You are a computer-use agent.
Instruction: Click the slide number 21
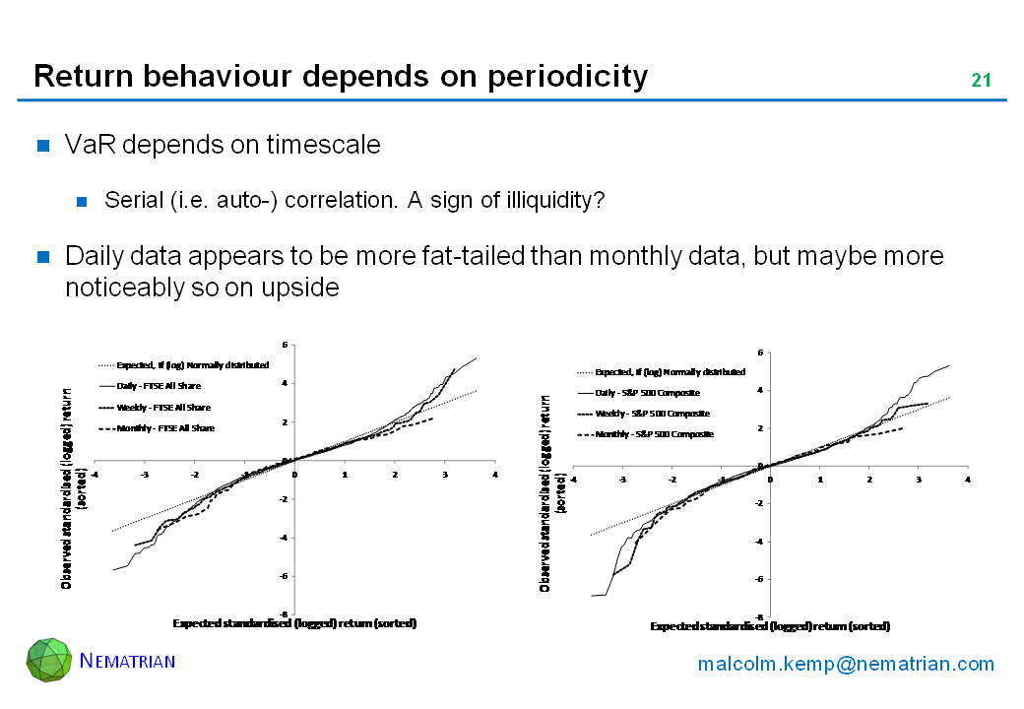pyautogui.click(x=981, y=81)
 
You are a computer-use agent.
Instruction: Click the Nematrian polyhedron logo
pyautogui.click(x=49, y=660)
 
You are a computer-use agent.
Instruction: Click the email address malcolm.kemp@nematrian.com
pyautogui.click(x=846, y=664)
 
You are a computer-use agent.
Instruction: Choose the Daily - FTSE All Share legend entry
pyautogui.click(x=159, y=386)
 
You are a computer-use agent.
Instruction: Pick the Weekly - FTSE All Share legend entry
pyautogui.click(x=162, y=408)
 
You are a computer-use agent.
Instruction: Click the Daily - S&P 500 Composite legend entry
pyautogui.click(x=647, y=393)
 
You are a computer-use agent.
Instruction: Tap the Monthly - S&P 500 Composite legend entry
pyautogui.click(x=654, y=434)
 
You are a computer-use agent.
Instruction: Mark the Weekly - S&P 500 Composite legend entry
pyautogui.click(x=652, y=414)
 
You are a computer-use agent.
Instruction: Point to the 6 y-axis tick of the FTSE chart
pyautogui.click(x=284, y=345)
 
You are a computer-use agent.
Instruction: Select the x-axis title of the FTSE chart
pyautogui.click(x=294, y=623)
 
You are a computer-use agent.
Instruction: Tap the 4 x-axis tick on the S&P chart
pyautogui.click(x=968, y=480)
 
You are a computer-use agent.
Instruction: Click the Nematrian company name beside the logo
pyautogui.click(x=127, y=660)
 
